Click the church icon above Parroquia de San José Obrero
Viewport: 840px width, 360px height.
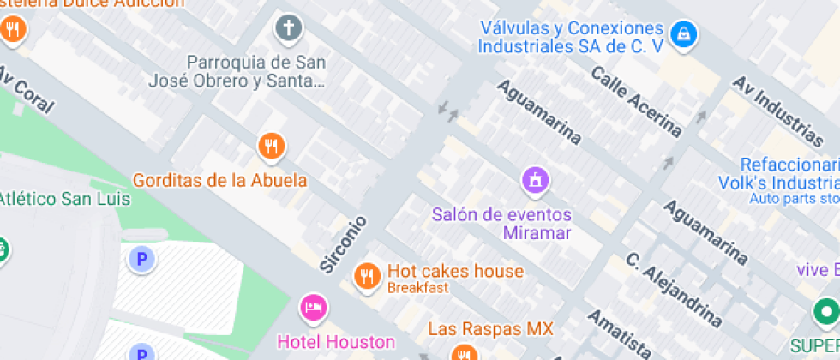coord(289,28)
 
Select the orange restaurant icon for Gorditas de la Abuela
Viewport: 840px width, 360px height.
coord(271,145)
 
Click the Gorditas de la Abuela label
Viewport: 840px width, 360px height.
coord(219,180)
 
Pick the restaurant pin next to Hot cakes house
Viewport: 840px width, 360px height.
coord(368,276)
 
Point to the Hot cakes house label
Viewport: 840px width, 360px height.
coord(455,271)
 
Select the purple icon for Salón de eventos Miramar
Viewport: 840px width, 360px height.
coord(536,179)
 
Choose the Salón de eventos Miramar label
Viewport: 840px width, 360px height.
coord(502,223)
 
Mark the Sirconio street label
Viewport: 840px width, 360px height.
coord(344,244)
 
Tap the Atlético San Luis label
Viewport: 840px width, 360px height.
coord(64,199)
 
